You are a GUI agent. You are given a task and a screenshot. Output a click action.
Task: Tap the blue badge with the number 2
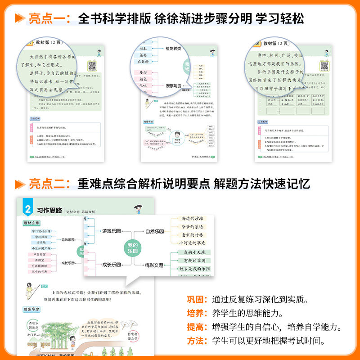point(27,209)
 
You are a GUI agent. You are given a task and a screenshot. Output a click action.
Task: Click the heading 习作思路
point(49,210)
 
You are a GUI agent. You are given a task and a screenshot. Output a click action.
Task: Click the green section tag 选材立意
point(31,223)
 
